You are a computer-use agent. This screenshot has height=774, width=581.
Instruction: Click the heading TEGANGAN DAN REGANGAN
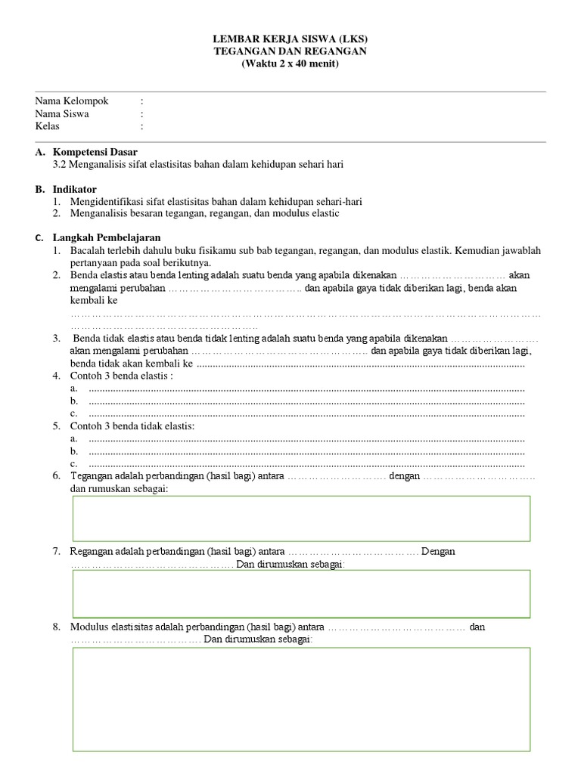[x=290, y=51]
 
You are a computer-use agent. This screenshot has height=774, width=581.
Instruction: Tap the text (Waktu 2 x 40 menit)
[x=290, y=63]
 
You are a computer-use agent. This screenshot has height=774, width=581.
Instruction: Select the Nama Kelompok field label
[x=72, y=101]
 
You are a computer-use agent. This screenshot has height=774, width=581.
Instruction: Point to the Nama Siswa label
[x=62, y=114]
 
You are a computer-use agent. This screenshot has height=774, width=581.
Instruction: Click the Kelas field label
[x=48, y=126]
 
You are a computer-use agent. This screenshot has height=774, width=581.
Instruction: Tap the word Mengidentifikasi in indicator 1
[x=106, y=201]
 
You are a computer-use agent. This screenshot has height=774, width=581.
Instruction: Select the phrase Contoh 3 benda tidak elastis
[x=132, y=426]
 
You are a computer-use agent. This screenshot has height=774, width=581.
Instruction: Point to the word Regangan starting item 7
[x=91, y=552]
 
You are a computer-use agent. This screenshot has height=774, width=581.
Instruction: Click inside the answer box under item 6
[x=301, y=519]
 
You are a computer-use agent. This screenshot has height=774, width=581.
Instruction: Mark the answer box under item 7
[x=301, y=594]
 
